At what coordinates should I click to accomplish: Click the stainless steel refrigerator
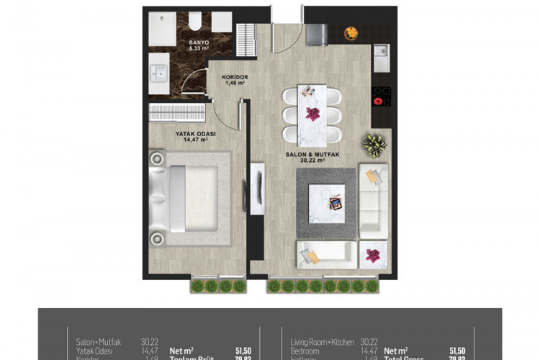pyautogui.click(x=317, y=34)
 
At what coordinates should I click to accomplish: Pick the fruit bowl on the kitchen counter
pyautogui.click(x=351, y=32)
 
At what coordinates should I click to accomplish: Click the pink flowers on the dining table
pyautogui.click(x=312, y=113)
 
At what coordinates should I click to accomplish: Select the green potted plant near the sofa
pyautogui.click(x=374, y=145)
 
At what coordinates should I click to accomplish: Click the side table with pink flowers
pyautogui.click(x=373, y=255)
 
